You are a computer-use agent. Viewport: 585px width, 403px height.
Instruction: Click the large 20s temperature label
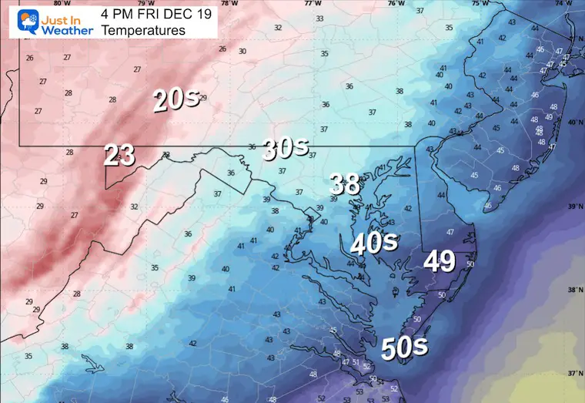click(x=177, y=99)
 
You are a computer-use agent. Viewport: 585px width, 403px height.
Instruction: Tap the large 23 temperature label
click(x=120, y=156)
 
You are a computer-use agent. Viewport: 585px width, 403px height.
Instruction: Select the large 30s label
click(x=285, y=148)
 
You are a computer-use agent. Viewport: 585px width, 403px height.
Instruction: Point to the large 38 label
click(x=344, y=183)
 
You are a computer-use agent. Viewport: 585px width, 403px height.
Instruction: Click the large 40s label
click(x=374, y=243)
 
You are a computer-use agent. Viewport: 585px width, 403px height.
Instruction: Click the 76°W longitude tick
click(x=396, y=4)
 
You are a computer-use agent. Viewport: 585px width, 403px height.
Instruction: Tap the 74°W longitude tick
click(x=573, y=4)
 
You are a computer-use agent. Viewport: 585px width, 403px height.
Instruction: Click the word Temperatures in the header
click(x=143, y=31)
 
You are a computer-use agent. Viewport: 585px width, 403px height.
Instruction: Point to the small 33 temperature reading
click(x=319, y=18)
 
